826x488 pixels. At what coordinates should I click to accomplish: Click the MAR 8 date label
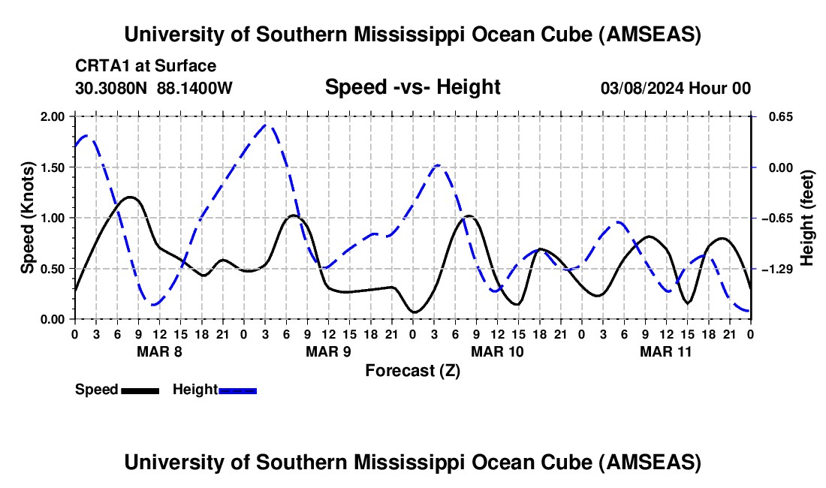(158, 351)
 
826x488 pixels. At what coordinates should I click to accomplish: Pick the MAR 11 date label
(666, 351)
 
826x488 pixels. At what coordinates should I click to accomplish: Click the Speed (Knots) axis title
(27, 218)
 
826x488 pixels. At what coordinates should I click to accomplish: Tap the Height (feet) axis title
(807, 218)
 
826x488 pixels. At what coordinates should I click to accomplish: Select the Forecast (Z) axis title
(412, 370)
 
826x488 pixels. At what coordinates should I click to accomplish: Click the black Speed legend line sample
(140, 390)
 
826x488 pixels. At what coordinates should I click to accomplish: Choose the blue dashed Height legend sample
(237, 390)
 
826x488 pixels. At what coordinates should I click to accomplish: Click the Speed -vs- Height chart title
(412, 87)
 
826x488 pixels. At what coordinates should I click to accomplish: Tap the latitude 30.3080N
(111, 88)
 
